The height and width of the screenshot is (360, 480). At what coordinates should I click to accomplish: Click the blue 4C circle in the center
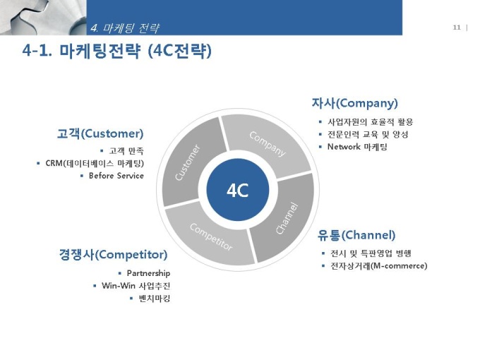[238, 190]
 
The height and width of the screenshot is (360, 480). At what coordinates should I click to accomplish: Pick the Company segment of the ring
[267, 144]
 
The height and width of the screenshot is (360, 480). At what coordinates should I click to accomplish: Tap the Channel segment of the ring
[286, 218]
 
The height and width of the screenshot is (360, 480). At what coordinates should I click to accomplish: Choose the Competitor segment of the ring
[210, 236]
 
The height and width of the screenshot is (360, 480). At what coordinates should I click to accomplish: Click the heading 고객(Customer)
[100, 134]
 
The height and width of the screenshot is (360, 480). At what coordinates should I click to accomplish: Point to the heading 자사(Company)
[354, 103]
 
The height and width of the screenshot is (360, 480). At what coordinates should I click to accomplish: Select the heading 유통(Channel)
[356, 235]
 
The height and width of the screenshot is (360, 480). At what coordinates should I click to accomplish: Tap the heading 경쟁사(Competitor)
[113, 255]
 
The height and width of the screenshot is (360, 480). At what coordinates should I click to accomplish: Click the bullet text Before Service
[116, 176]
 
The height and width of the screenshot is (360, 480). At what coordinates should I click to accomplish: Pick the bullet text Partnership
[148, 273]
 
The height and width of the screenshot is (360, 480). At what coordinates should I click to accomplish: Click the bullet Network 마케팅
[357, 147]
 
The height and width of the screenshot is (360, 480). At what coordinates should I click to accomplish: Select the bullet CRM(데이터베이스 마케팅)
[95, 163]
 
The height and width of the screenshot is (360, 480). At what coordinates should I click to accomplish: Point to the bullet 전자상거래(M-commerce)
[378, 265]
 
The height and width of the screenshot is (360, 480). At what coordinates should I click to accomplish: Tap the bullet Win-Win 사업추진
[136, 286]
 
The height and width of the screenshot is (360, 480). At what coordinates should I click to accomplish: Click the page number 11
[457, 28]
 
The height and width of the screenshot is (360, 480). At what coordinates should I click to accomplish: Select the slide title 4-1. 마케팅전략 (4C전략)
[116, 51]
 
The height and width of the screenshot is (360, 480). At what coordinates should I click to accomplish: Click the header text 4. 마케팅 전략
[125, 28]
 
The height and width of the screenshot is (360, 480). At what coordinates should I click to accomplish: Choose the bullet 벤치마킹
[155, 298]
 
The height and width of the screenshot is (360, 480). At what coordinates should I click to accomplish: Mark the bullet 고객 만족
[126, 151]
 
